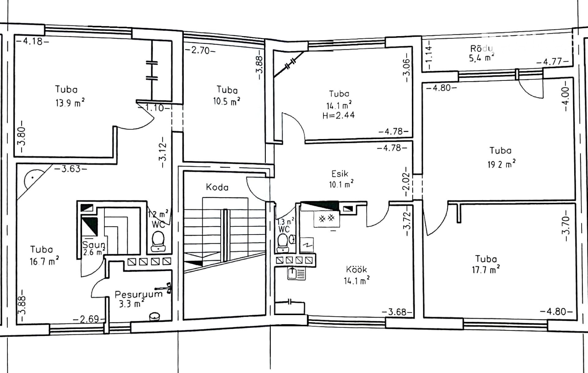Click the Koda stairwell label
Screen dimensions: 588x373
click(x=217, y=187)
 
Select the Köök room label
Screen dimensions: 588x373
click(x=356, y=269)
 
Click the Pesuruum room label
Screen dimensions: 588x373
click(x=138, y=294)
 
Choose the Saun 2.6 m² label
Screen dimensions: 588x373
click(x=94, y=248)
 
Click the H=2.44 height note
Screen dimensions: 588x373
click(x=338, y=115)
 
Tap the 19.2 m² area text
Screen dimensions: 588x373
click(x=501, y=164)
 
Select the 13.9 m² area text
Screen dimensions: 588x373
click(x=70, y=103)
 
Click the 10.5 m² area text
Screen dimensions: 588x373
click(x=227, y=101)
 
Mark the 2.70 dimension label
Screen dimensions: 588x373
click(x=200, y=50)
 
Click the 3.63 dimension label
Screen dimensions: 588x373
click(x=71, y=168)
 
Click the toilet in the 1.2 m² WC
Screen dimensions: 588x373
click(x=158, y=241)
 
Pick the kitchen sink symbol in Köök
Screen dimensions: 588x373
click(x=296, y=273)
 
